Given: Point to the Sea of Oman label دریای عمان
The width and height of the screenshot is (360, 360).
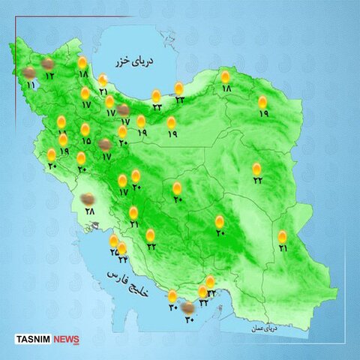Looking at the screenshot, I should coord(262,328).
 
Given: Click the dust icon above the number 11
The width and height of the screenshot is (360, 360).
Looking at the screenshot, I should coord(29,73).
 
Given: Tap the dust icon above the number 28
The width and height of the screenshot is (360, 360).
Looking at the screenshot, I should coord(87,199).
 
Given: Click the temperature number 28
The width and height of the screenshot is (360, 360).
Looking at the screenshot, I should coord(91,213).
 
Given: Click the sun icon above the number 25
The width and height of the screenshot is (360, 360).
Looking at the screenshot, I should coord(114,241).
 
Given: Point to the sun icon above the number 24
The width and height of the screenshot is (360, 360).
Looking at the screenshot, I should coord(122,248).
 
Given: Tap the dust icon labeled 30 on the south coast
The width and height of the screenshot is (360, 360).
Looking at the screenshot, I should coord(187,305).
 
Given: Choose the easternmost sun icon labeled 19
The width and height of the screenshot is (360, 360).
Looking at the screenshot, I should coord(262,102).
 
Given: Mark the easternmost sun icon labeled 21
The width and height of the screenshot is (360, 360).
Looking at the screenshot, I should coord(282,237).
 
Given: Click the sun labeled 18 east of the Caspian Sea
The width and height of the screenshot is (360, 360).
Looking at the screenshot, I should coord(225,76).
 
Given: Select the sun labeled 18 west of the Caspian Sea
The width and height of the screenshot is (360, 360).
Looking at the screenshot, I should coord(82,64).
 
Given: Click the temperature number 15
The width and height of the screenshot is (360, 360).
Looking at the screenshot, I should coord(86,141).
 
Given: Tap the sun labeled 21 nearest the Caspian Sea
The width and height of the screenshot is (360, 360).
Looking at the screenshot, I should coord(103,80).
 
